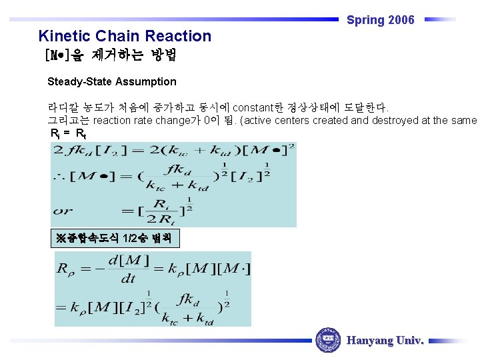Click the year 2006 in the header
pos(401,20)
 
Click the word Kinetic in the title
pos(65,36)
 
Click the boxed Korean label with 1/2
pos(115,238)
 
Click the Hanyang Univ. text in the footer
pos(385,341)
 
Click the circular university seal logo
pos(328,340)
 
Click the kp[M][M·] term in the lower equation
pos(206,270)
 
